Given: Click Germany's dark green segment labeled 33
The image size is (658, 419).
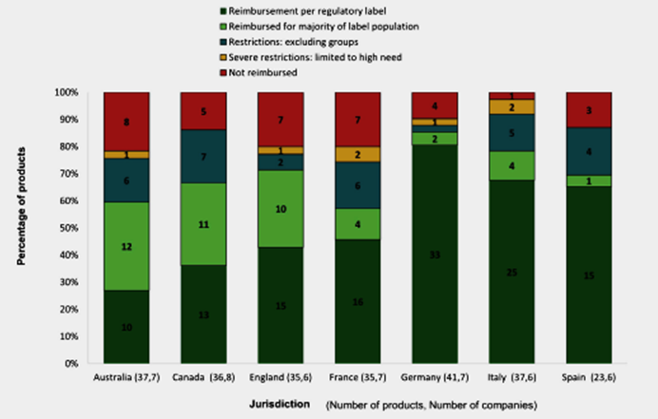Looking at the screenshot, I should pos(434,254).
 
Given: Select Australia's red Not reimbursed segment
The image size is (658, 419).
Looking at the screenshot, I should pos(126,121).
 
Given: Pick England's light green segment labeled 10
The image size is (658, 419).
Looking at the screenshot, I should pos(280,208).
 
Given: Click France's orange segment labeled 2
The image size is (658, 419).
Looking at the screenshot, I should pos(357,154).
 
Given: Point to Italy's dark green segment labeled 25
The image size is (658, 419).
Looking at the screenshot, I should pos(511,272).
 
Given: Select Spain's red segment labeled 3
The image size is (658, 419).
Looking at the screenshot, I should pos(589,110).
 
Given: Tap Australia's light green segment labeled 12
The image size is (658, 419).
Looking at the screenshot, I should pos(126,246).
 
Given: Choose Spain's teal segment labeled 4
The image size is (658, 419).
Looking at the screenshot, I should pos(589,151).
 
